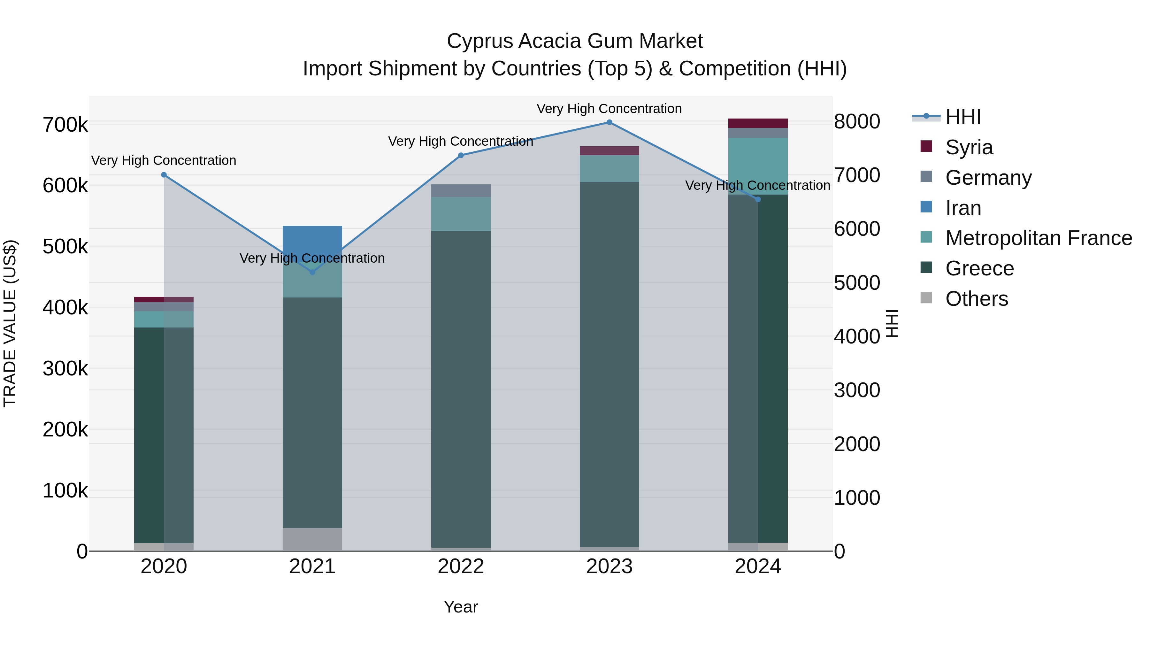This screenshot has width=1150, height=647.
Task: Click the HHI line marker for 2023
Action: (609, 122)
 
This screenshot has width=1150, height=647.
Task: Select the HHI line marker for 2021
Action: (312, 272)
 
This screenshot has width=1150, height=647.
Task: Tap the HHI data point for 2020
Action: (164, 175)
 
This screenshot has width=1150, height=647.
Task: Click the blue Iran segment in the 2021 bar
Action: (312, 239)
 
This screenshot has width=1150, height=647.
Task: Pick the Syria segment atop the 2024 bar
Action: (758, 123)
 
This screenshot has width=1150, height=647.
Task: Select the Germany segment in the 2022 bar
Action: (461, 191)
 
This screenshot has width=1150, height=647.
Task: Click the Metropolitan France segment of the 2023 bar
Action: (609, 168)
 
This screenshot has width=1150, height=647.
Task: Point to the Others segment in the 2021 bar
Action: (312, 539)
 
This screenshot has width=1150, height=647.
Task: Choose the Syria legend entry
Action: (969, 147)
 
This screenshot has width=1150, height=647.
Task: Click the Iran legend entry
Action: (963, 208)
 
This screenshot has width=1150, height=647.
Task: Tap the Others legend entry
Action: (976, 299)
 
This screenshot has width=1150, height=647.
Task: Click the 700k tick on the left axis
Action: (65, 125)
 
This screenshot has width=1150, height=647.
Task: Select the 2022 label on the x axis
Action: (461, 566)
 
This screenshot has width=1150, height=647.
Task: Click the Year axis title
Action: (461, 607)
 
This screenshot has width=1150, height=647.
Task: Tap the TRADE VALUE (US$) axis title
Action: (10, 323)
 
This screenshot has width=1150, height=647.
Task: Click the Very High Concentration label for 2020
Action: (164, 160)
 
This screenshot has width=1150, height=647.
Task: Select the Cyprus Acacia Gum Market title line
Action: (575, 41)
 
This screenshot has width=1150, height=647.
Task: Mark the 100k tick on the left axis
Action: (65, 491)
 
